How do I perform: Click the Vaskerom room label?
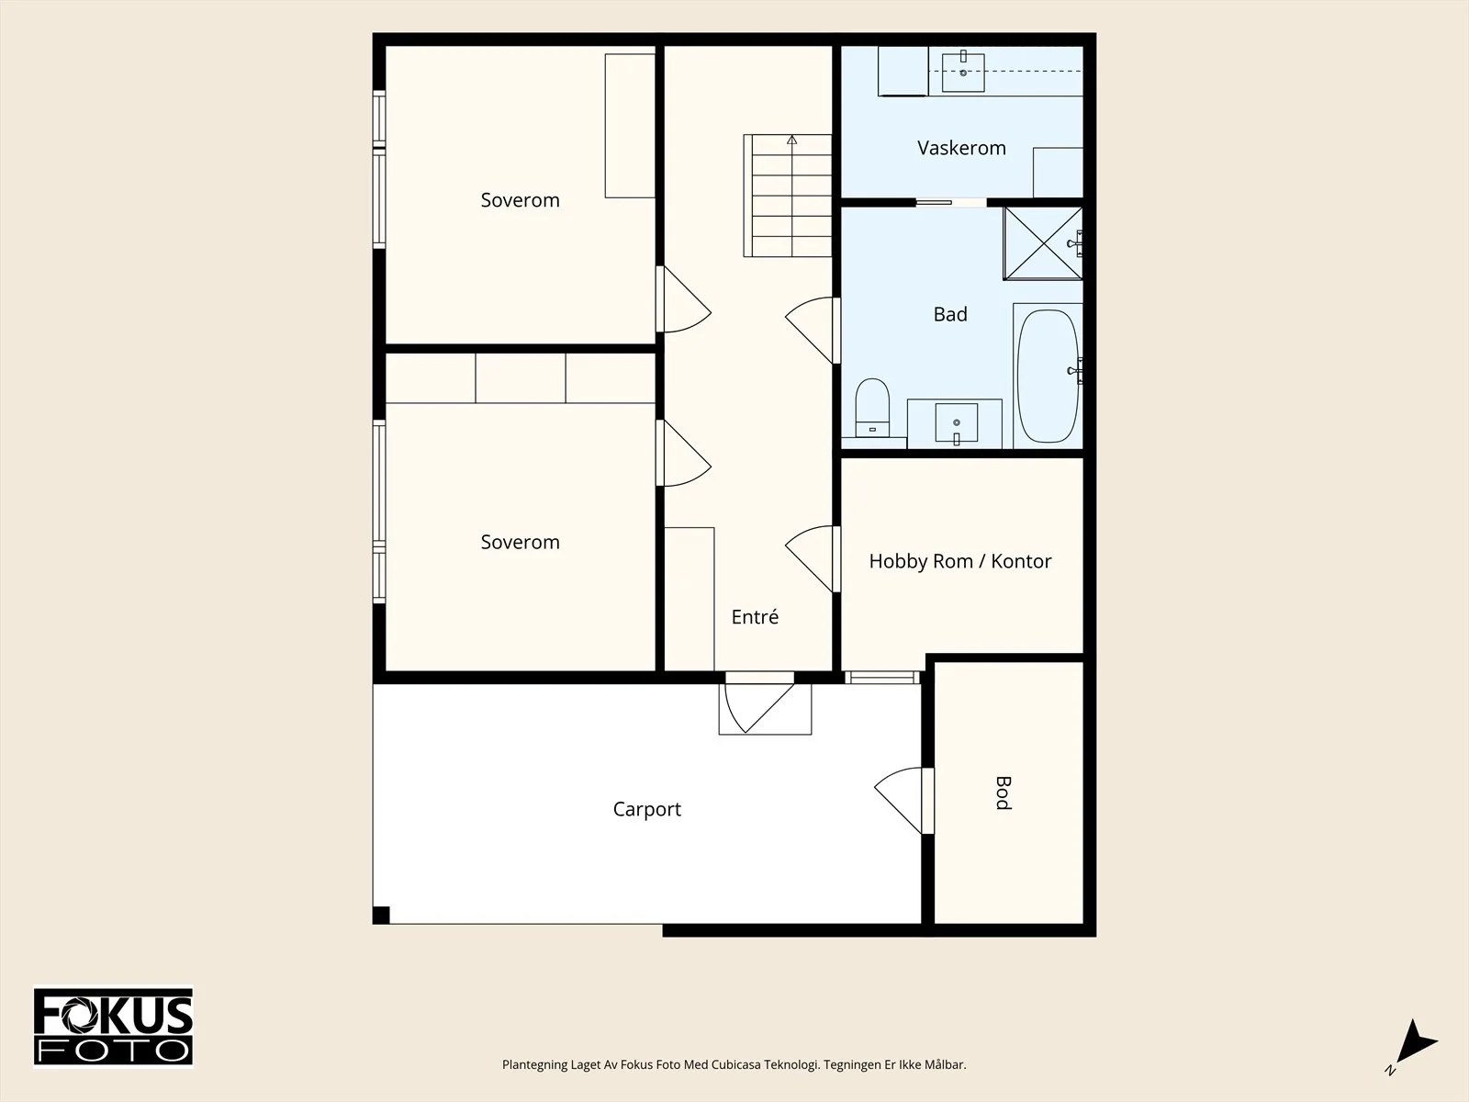[x=961, y=148]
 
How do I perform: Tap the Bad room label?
[x=950, y=314]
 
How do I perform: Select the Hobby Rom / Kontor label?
[x=959, y=561]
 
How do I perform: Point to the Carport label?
[x=646, y=809]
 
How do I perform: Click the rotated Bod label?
[x=1003, y=793]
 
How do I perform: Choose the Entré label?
[x=755, y=616]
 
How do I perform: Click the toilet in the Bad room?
[x=872, y=408]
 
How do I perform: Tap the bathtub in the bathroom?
[x=1048, y=376]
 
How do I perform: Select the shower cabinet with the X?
[x=1043, y=242]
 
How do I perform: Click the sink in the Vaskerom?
[x=963, y=73]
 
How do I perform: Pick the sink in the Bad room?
[x=957, y=422]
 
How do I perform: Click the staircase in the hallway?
[x=788, y=196]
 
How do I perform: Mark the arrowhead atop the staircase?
[x=791, y=140]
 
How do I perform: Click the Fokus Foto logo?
[x=113, y=1027]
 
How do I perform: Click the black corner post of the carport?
[x=381, y=915]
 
